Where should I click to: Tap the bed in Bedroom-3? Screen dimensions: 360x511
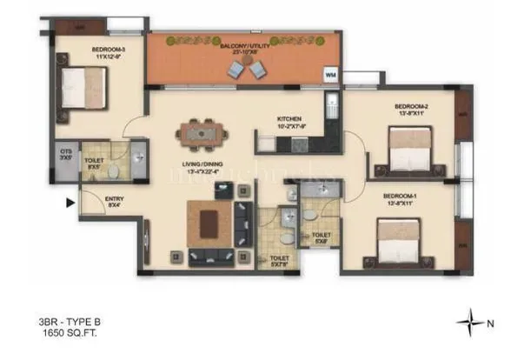83,83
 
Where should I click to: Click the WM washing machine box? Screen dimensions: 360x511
330,75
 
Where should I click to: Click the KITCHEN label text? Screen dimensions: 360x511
289,119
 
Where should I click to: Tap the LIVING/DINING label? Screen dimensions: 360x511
200,164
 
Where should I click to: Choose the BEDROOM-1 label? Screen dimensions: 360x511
401,197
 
